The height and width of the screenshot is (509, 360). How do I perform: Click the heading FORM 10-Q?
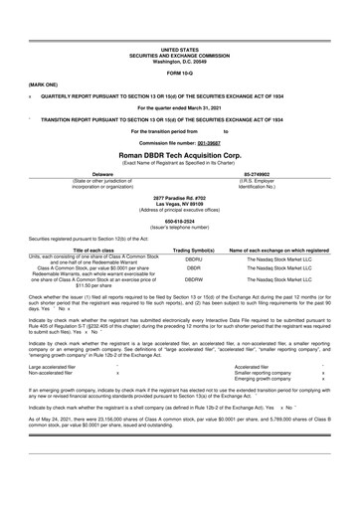pos(179,73)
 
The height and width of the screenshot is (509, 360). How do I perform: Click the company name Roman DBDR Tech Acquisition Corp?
pos(179,157)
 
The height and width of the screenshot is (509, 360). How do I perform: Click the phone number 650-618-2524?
pos(179,223)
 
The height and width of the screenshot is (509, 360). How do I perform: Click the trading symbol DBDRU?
pos(194,259)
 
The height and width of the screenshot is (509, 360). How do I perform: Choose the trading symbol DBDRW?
pos(194,281)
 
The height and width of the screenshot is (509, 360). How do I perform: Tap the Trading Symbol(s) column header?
pos(194,251)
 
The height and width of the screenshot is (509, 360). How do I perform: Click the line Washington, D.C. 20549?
pos(179,59)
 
